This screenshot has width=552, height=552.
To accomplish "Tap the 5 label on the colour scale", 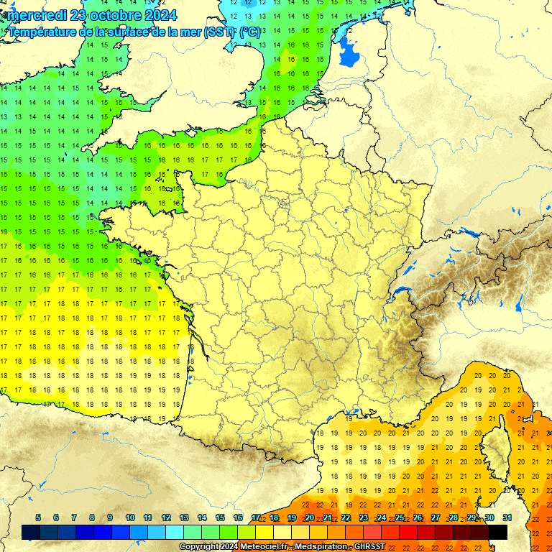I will (37, 517).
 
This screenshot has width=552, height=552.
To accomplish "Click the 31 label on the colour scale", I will (507, 517).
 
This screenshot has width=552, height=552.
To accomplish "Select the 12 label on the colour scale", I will (166, 517).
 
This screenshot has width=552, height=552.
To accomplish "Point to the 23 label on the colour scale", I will (364, 517).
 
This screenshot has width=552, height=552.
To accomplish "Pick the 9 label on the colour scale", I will (110, 517).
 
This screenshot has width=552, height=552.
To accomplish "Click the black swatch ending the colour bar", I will (498, 532).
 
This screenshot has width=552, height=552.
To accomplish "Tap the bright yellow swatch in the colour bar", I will (264, 532).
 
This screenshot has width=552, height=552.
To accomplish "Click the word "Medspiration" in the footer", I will (316, 547).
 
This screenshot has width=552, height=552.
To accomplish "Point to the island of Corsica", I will (496, 446).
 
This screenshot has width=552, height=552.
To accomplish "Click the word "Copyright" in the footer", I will (200, 547).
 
